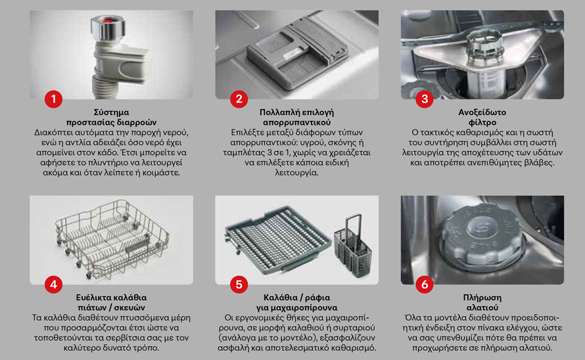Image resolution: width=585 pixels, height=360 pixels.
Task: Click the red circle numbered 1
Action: click(53, 99)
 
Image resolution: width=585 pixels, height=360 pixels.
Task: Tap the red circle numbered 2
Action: click(239, 99)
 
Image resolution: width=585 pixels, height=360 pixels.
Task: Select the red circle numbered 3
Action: click(424, 99)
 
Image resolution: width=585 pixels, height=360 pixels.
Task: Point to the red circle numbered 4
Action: click(53, 284)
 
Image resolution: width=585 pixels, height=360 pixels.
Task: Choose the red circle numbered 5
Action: click(239, 284)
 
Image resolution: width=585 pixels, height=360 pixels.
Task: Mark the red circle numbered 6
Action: click(424, 284)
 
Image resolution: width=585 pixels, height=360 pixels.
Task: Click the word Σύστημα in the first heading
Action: click(111, 112)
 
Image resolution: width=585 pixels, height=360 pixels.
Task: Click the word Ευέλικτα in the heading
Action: click(92, 298)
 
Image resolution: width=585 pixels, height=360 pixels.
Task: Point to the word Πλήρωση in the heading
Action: click(482, 298)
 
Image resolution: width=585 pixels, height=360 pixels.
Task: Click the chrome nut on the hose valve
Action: click(107, 28)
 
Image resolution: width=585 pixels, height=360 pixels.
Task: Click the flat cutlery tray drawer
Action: click(277, 238)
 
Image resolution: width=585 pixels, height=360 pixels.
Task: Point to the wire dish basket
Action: click(112, 238)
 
